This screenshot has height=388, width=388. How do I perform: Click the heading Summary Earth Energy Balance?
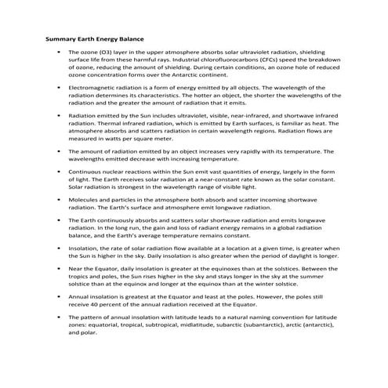pyautogui.click(x=95, y=38)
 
